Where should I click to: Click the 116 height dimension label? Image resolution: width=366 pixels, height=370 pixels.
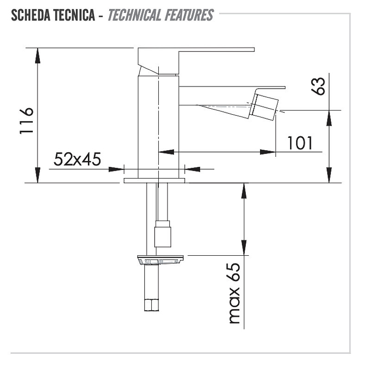pyautogui.click(x=26, y=121)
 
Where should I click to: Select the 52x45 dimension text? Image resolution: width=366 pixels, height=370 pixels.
pyautogui.click(x=77, y=159)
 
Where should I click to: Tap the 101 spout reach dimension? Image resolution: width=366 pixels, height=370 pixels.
pyautogui.click(x=300, y=143)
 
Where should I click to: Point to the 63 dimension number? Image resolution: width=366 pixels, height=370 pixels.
pyautogui.click(x=318, y=86)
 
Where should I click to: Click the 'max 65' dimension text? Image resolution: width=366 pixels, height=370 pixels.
pyautogui.click(x=235, y=293)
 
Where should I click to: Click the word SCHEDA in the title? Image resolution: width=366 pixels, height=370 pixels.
pyautogui.click(x=31, y=15)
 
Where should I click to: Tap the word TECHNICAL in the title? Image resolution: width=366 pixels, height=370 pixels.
pyautogui.click(x=134, y=15)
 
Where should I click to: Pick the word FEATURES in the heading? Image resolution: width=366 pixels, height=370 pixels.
pyautogui.click(x=189, y=15)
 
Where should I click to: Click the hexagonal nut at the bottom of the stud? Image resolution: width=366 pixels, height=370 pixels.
pyautogui.click(x=151, y=305)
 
